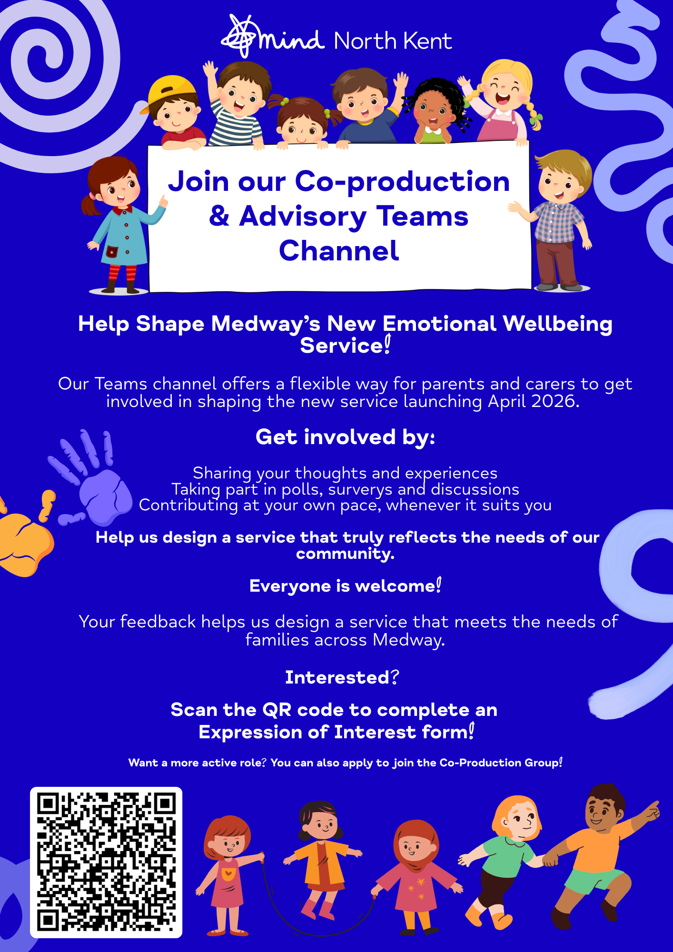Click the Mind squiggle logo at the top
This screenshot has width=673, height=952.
point(242,36)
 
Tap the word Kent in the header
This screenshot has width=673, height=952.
point(428,41)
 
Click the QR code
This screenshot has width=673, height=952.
point(106,862)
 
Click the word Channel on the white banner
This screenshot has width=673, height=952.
point(339,250)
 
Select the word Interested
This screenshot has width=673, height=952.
point(337,677)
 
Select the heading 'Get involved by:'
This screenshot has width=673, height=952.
point(345,437)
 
